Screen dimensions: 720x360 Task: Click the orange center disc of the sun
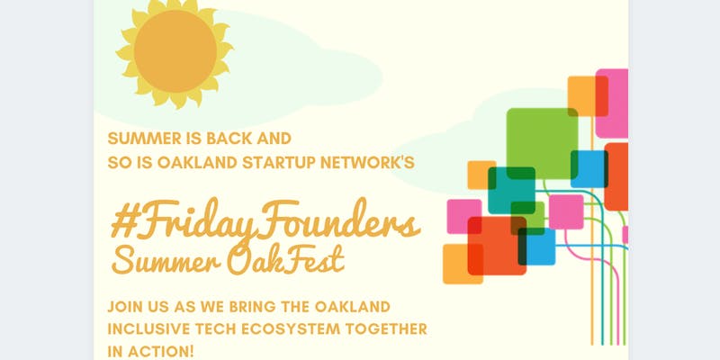tap(175, 51)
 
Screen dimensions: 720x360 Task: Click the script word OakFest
tap(285, 261)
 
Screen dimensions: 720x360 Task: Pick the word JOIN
tap(123, 307)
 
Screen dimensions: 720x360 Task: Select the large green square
tap(543, 143)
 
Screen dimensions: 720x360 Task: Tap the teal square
tap(511, 191)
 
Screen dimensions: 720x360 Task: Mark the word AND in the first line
tap(274, 139)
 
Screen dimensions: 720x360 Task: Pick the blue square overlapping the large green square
tap(589, 169)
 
